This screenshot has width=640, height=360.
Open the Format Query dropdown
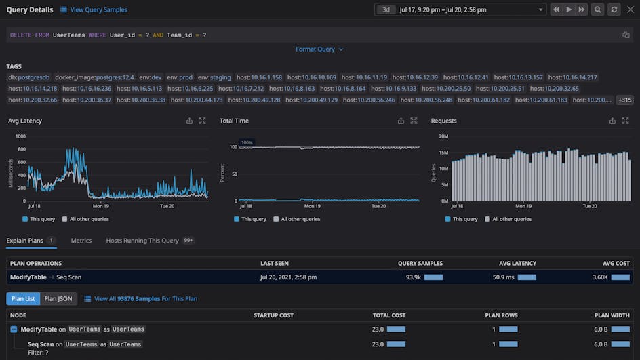pos(319,49)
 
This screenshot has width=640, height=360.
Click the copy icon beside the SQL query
pos(626,35)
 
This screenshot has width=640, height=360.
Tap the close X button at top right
pos(630,9)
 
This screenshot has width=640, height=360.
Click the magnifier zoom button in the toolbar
pos(597,9)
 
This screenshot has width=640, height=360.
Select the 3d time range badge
pos(386,9)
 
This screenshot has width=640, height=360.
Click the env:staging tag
pos(214,77)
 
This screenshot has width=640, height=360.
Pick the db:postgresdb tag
pos(29,77)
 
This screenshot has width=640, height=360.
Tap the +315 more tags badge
pos(624,100)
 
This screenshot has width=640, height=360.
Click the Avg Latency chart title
pos(25,121)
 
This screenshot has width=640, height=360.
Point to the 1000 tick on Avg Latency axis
pos(20,136)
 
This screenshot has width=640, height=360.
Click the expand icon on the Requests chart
pos(625,121)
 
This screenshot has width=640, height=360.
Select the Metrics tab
pos(81,241)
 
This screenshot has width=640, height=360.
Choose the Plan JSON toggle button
pos(59,298)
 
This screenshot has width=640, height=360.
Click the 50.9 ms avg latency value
pos(503,277)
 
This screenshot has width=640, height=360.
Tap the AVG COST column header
pos(616,263)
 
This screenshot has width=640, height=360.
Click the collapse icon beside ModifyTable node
pos(14,329)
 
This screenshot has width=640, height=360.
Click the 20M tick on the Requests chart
pos(443,136)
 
